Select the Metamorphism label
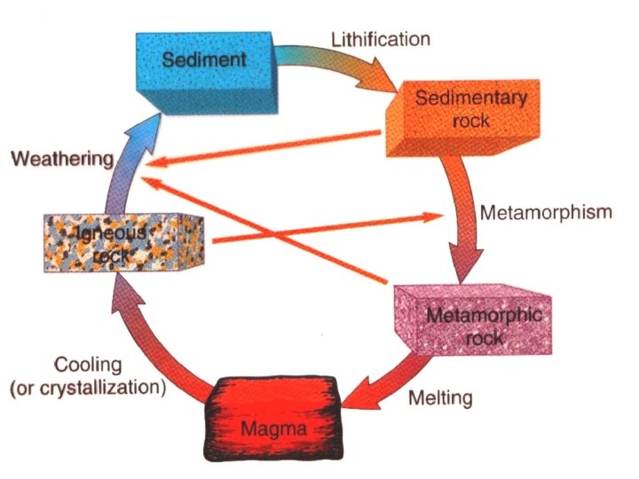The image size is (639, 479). coord(546,213)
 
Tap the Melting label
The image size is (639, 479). coord(440,397)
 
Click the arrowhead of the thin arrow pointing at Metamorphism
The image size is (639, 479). coord(434,215)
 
